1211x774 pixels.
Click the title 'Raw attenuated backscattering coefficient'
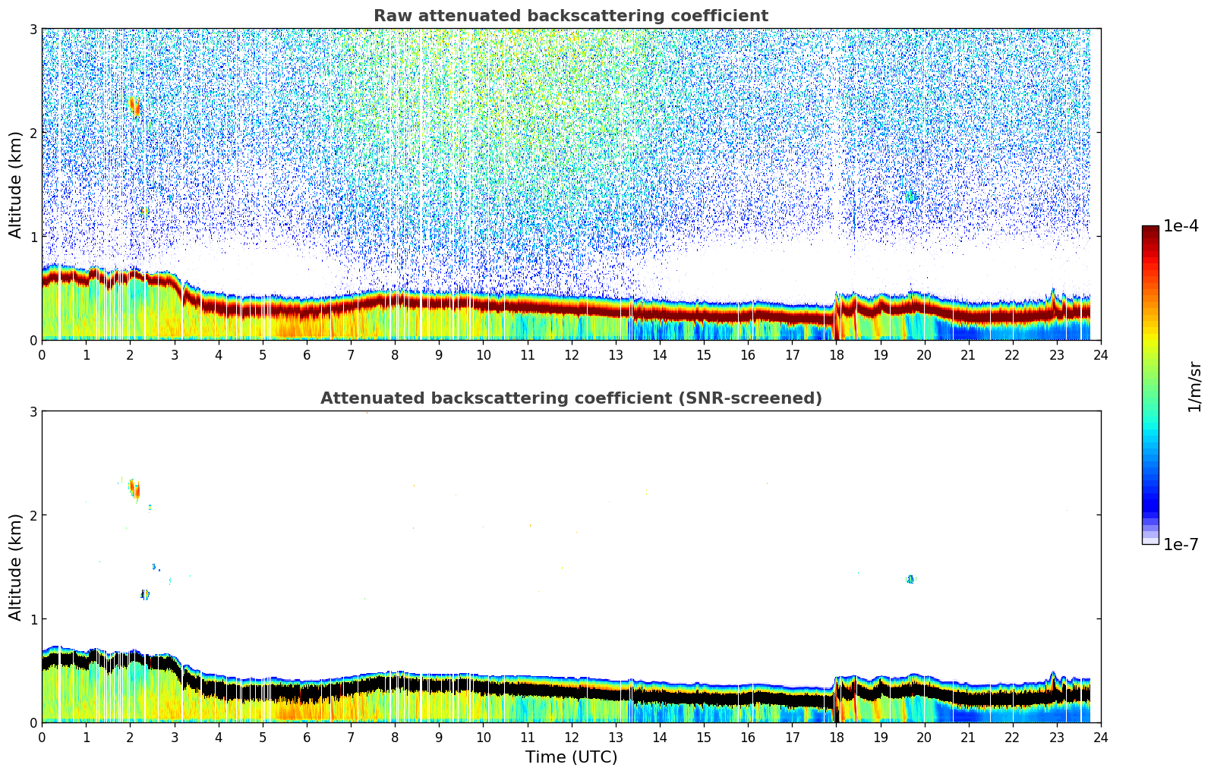pyautogui.click(x=570, y=16)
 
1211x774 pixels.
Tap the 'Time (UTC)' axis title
pyautogui.click(x=571, y=757)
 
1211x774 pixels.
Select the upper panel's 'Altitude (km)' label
pyautogui.click(x=15, y=184)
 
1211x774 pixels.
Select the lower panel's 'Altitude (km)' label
pyautogui.click(x=15, y=567)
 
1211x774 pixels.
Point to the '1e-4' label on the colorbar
pyautogui.click(x=1181, y=226)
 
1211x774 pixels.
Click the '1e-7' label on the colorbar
pyautogui.click(x=1181, y=544)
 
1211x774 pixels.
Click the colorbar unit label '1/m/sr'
pyautogui.click(x=1194, y=385)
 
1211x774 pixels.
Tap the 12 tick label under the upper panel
pyautogui.click(x=571, y=354)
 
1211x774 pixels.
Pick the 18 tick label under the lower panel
pyautogui.click(x=836, y=737)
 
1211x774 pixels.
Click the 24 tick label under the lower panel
pyautogui.click(x=1100, y=737)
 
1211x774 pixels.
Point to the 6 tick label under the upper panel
pyautogui.click(x=307, y=354)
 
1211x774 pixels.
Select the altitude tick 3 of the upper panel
pyautogui.click(x=33, y=29)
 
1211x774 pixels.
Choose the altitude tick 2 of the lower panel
pyautogui.click(x=33, y=515)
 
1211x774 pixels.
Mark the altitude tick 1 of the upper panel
pyautogui.click(x=33, y=237)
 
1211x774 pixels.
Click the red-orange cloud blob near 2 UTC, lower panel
pyautogui.click(x=135, y=489)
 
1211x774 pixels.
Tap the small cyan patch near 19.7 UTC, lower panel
pyautogui.click(x=911, y=579)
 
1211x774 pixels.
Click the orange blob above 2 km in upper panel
pyautogui.click(x=135, y=107)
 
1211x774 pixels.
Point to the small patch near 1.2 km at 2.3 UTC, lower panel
pyautogui.click(x=145, y=595)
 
